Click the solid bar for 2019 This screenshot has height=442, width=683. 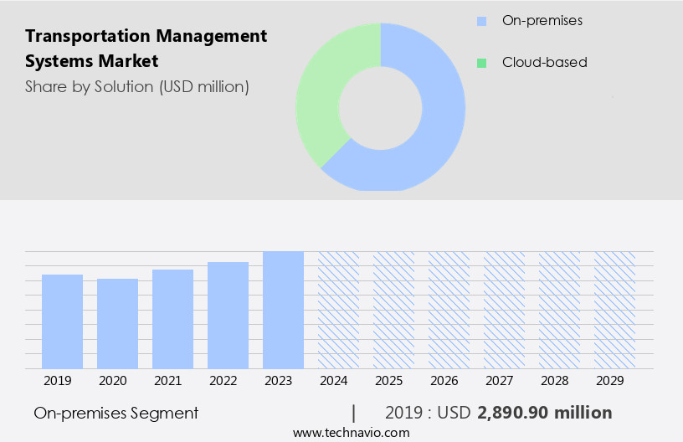tap(62, 321)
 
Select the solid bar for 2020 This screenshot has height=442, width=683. tap(117, 323)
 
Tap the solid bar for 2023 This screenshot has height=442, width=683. tap(283, 310)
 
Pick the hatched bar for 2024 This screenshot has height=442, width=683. tap(338, 310)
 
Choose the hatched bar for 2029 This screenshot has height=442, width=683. tap(614, 310)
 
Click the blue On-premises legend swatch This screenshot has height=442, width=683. tap(481, 20)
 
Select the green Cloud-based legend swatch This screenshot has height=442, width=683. tap(481, 62)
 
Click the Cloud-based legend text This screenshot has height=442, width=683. tap(544, 62)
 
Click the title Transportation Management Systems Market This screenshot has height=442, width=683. tap(146, 49)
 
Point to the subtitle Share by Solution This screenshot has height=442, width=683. tap(136, 86)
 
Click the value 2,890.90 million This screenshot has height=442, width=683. tap(544, 413)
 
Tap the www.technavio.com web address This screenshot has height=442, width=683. tap(351, 432)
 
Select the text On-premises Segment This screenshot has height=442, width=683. tap(116, 413)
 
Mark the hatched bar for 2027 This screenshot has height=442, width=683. tap(504, 310)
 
